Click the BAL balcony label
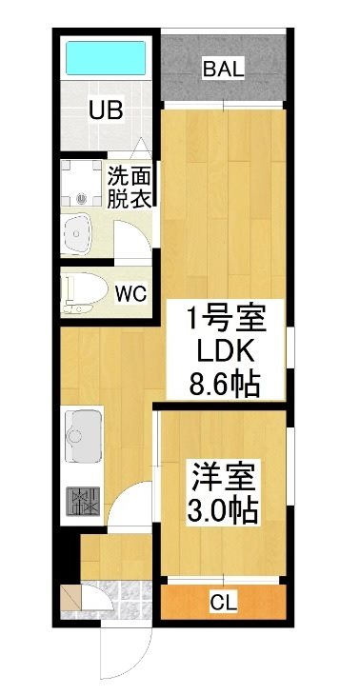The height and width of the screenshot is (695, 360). [x=225, y=69]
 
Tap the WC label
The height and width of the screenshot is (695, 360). [x=130, y=293]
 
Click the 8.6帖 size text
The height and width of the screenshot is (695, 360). [x=227, y=386]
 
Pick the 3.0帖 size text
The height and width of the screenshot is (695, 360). [x=223, y=510]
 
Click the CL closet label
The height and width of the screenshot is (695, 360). [x=223, y=601]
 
